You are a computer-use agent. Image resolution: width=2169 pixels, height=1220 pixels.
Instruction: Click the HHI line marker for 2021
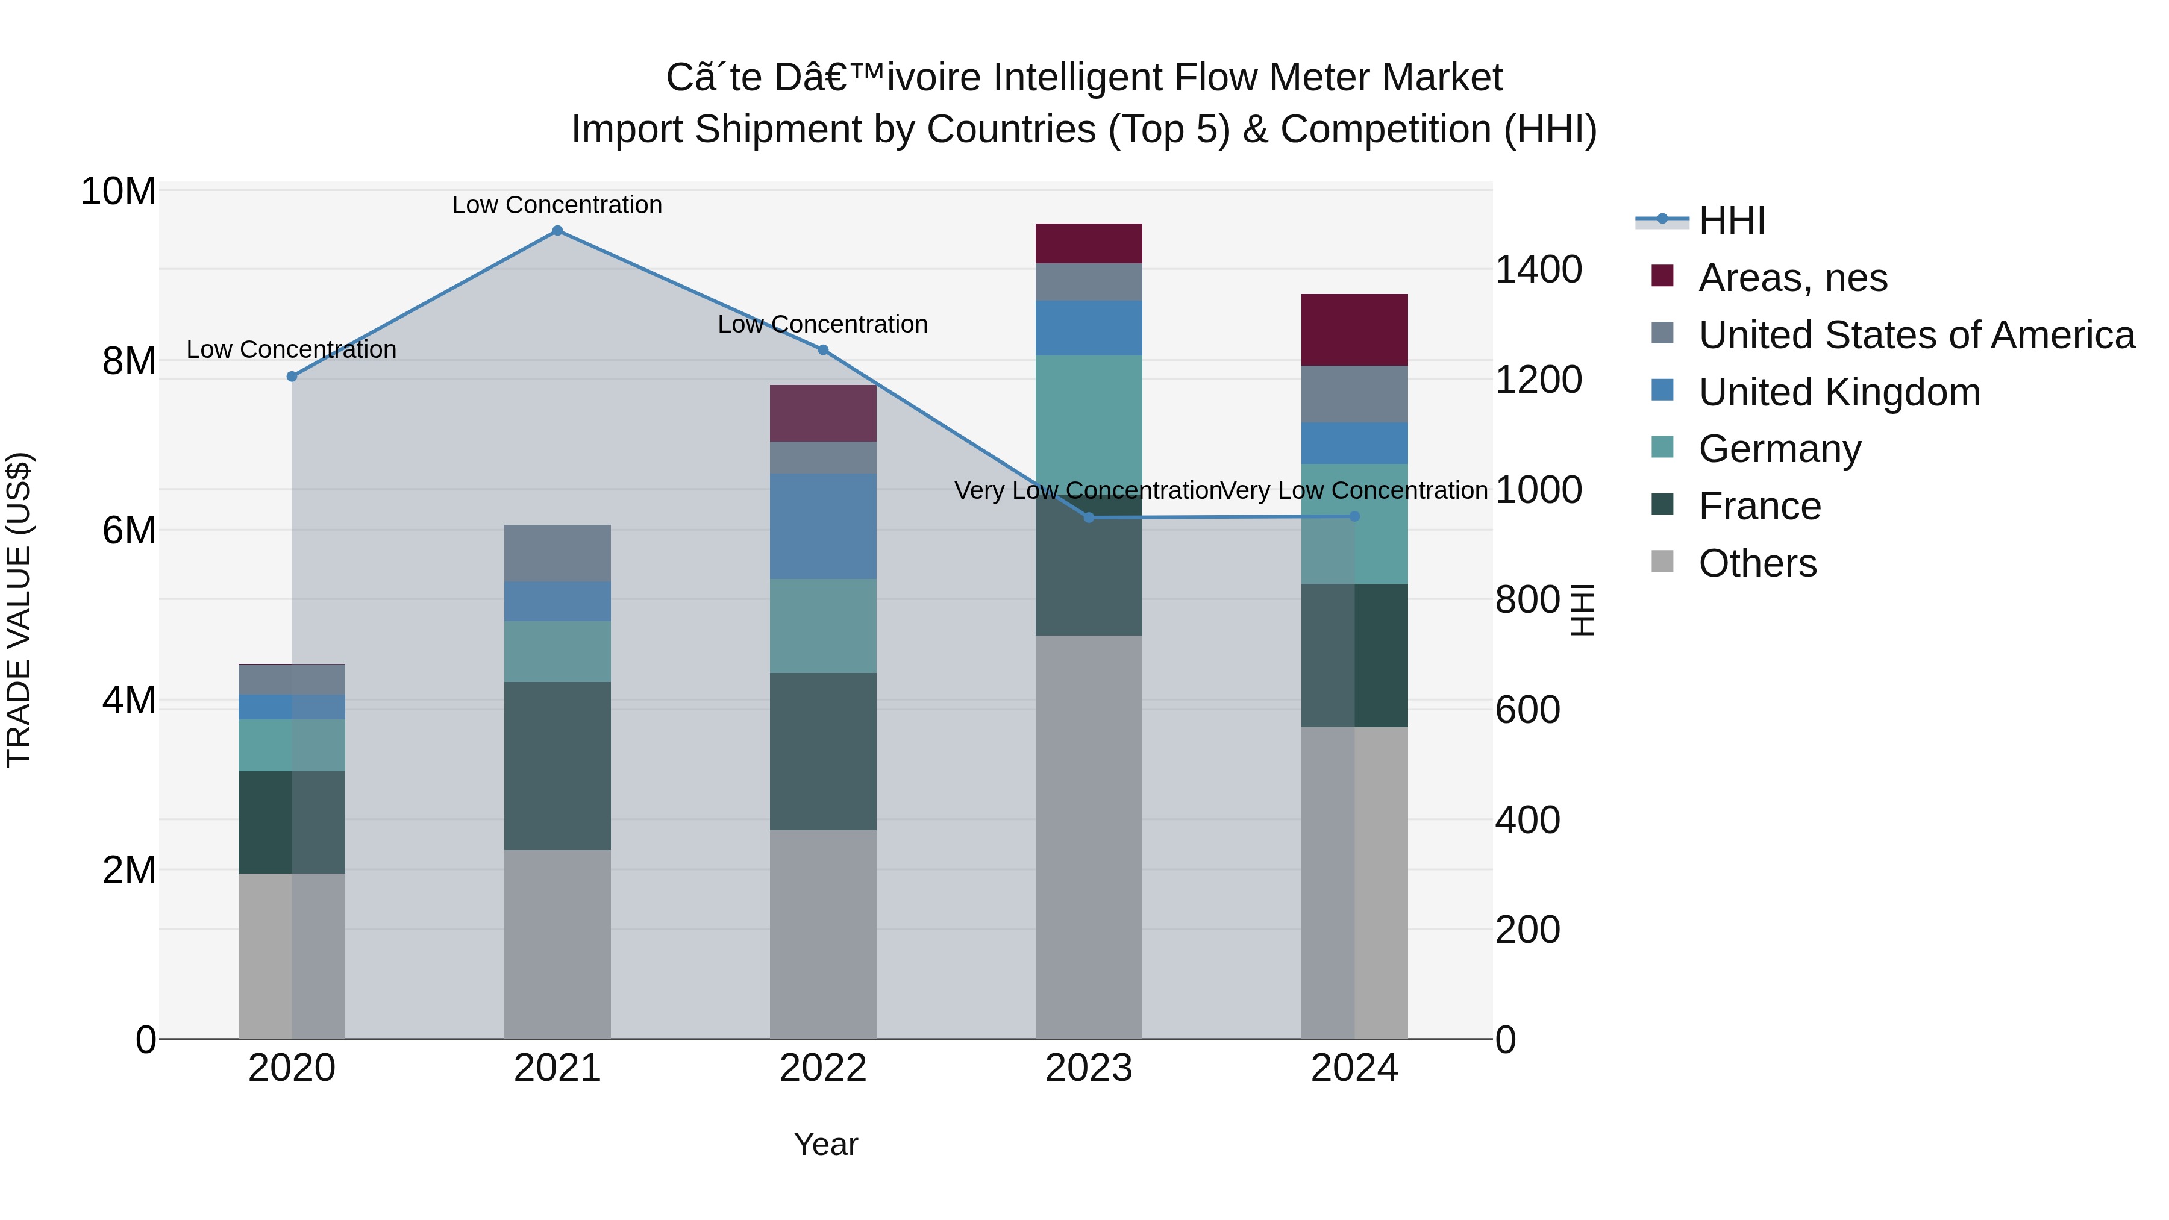(557, 231)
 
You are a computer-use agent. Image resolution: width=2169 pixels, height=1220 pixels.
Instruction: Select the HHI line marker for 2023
(1089, 518)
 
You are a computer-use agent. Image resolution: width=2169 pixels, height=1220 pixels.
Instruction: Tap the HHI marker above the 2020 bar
(292, 377)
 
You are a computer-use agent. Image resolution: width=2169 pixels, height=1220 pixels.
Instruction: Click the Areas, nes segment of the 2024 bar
(1354, 330)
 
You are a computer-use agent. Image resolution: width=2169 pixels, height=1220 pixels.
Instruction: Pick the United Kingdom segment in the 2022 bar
(822, 526)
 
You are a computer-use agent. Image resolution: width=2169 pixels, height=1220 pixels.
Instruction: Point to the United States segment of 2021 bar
(557, 553)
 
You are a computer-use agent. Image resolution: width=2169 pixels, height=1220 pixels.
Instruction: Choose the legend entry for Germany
(1779, 449)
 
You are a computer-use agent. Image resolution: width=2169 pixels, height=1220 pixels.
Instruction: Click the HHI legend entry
(1731, 221)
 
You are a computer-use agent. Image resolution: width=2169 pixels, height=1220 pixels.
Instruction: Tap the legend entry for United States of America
(1915, 335)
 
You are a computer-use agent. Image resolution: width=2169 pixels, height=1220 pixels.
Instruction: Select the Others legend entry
(1757, 563)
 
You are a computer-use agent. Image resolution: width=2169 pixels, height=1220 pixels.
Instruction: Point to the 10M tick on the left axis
(118, 192)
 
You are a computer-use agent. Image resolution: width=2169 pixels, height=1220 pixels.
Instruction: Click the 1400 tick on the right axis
(1538, 271)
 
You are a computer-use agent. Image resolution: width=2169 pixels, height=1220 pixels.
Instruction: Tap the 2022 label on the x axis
(822, 1068)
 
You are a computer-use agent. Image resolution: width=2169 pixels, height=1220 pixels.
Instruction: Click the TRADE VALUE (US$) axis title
(19, 610)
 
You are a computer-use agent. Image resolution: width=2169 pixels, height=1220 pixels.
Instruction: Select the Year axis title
(825, 1144)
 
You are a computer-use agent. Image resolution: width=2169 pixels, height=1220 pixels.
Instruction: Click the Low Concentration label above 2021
(557, 205)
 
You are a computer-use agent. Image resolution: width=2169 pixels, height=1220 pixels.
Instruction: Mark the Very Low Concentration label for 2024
(1354, 490)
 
